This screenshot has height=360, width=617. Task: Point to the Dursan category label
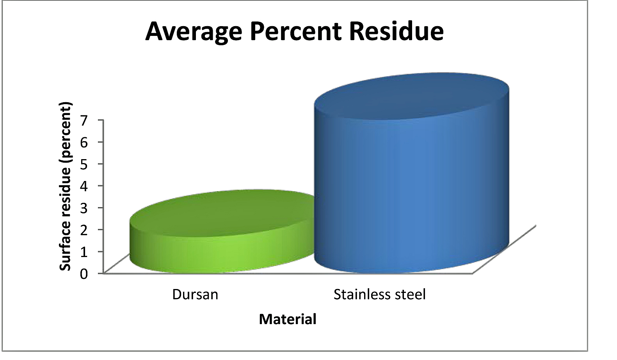coord(195,294)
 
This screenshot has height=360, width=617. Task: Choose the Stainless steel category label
coord(380,294)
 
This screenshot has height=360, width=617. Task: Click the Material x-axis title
coord(288,319)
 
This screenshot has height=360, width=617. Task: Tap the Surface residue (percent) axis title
coord(66,186)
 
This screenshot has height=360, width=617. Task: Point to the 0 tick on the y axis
coord(84,274)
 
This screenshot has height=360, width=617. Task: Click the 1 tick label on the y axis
coord(84,252)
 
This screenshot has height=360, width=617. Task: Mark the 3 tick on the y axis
coord(84,208)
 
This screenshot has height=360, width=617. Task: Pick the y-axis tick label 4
coord(84,186)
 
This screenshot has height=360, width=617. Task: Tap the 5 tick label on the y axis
coord(84,164)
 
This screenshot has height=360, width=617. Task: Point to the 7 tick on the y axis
coord(84,120)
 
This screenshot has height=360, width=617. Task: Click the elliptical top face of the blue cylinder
coord(411,96)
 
